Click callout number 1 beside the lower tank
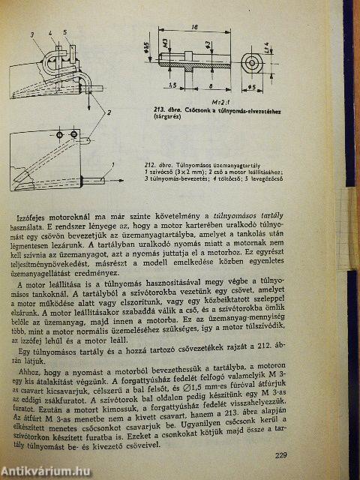(112, 163)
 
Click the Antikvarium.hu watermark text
(45, 469)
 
